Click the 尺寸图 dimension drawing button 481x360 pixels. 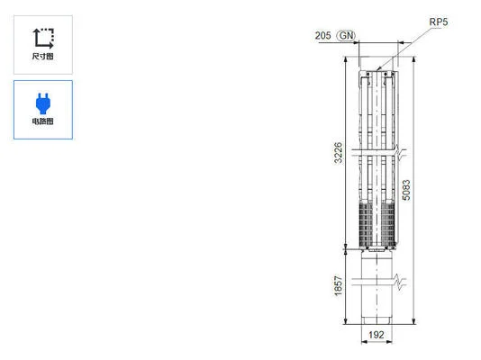tap(42, 43)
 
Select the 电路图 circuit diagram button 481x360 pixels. tap(42, 109)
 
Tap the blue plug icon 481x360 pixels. tap(42, 102)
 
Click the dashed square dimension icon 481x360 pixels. tap(42, 37)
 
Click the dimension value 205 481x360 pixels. tap(322, 35)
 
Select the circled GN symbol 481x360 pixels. tap(345, 35)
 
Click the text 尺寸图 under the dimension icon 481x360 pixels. tap(42, 56)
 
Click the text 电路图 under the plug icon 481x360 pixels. tap(42, 121)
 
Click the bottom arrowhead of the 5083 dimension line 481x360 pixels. tap(413, 321)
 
